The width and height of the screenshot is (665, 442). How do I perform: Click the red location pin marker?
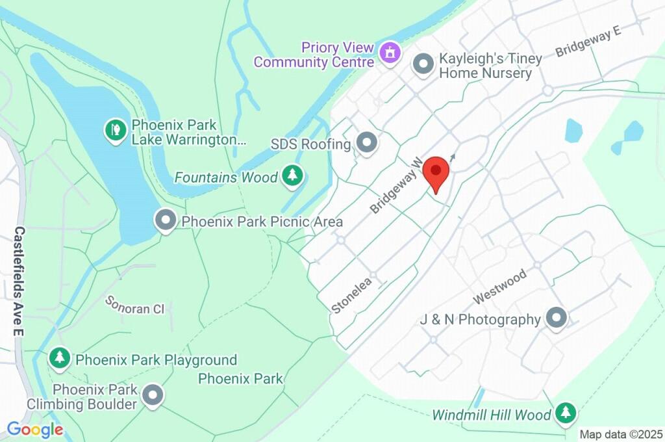tap(436, 172)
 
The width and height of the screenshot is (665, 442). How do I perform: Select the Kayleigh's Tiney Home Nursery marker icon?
tap(423, 65)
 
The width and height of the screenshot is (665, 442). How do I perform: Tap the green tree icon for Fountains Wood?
tap(294, 176)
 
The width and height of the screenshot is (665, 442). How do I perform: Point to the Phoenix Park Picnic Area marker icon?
tap(166, 221)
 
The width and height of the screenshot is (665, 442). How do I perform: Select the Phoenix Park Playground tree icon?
tap(60, 357)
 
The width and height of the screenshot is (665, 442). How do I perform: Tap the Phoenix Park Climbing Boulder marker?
tap(153, 395)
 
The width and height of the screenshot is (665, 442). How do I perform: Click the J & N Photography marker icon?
tap(557, 318)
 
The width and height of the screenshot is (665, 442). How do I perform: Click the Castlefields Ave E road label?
tap(19, 281)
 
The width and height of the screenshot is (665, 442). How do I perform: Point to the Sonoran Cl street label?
tap(135, 305)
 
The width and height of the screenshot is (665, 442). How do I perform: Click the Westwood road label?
tap(499, 287)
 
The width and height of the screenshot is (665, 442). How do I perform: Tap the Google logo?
tap(35, 429)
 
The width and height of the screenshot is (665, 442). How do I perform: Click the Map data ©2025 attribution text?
tap(621, 434)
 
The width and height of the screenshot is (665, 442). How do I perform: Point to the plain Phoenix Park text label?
tap(240, 378)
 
